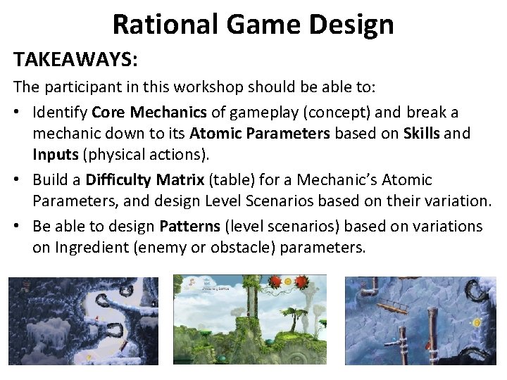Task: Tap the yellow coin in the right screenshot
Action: (476, 322)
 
